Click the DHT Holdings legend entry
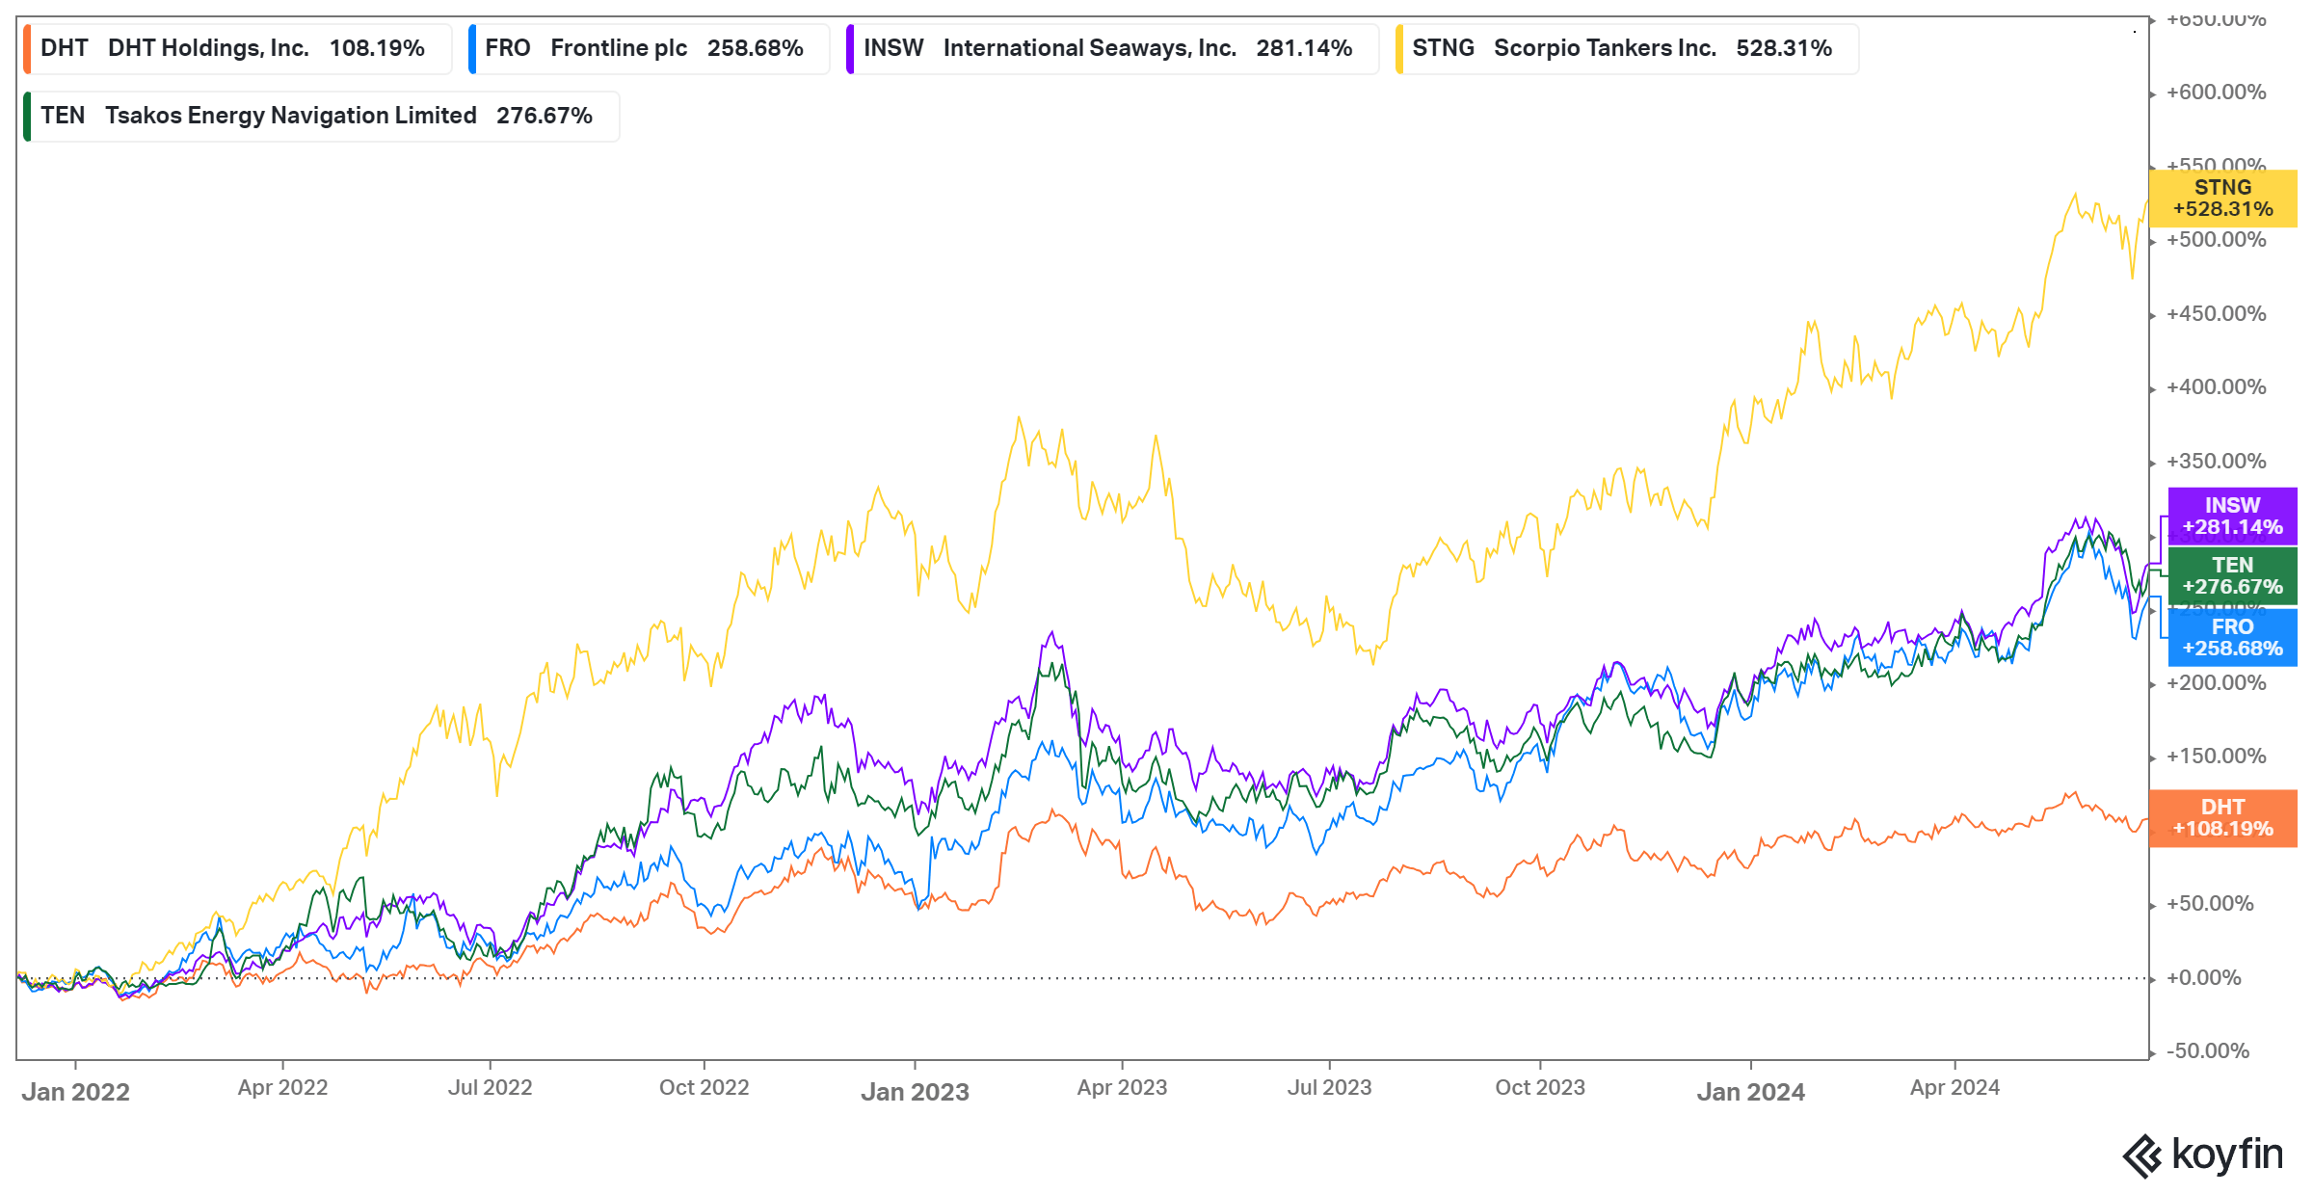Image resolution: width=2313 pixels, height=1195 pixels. (236, 48)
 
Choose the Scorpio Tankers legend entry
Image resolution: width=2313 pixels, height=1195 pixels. (1624, 48)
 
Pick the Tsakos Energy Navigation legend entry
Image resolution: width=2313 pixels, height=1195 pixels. (319, 116)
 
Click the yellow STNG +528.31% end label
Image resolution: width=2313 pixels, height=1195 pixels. (2222, 199)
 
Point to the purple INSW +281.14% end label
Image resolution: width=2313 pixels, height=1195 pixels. (2232, 517)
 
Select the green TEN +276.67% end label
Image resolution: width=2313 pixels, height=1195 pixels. (2232, 576)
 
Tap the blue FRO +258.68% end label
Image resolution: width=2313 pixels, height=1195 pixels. (2232, 638)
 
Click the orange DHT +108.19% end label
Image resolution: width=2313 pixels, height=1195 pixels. (2222, 818)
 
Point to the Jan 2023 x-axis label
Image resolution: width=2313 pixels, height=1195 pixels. (915, 1092)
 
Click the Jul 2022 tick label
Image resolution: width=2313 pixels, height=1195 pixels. (490, 1088)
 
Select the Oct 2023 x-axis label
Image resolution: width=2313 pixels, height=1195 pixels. (1539, 1088)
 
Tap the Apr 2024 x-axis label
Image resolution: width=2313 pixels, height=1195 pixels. (1954, 1088)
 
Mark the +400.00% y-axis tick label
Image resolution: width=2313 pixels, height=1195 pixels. (2216, 387)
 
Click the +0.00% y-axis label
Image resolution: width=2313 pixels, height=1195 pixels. (2216, 978)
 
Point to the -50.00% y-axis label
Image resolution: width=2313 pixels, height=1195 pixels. (2208, 1051)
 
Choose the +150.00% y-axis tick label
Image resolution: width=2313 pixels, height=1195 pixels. (2216, 757)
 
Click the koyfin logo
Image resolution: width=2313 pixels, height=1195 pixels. (2203, 1155)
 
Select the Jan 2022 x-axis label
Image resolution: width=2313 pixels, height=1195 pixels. (76, 1092)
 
